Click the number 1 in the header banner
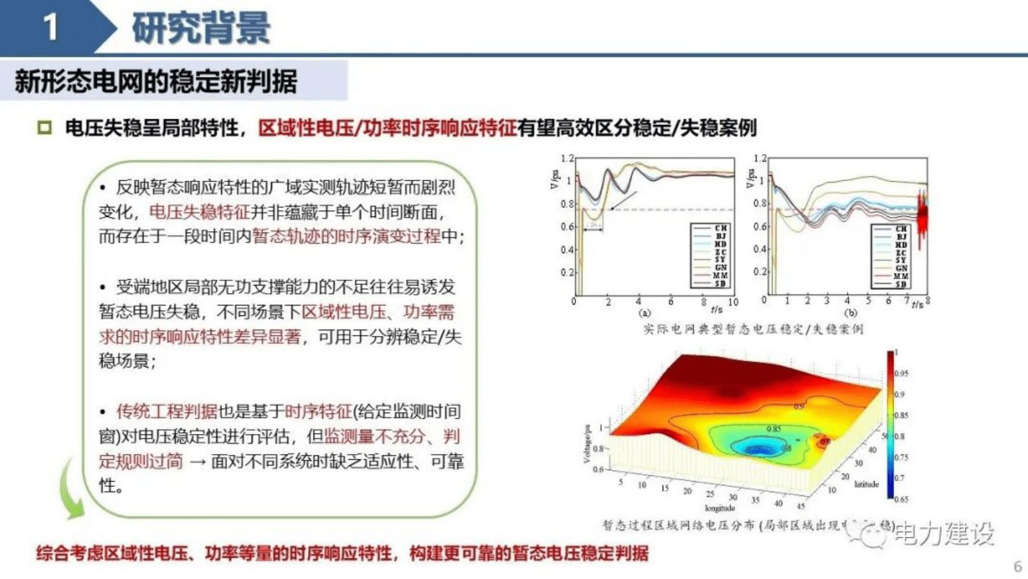click(51, 27)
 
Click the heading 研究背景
click(201, 28)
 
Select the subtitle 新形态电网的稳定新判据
click(156, 82)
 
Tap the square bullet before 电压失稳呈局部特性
click(44, 128)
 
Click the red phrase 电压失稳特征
click(199, 212)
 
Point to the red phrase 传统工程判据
click(166, 411)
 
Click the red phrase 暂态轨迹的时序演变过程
click(346, 236)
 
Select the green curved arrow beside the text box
click(70, 490)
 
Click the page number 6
click(1017, 565)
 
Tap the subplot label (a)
click(645, 313)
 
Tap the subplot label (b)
click(850, 313)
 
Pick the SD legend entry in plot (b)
click(900, 284)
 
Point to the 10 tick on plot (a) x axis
click(733, 302)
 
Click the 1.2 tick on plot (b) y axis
click(760, 159)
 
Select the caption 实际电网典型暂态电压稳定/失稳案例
click(753, 330)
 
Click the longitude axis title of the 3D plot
click(719, 508)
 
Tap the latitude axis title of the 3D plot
click(866, 484)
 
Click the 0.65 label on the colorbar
click(901, 499)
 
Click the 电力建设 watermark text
click(944, 534)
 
